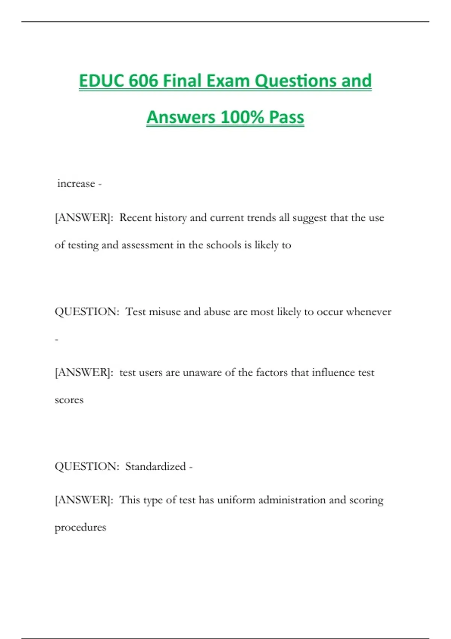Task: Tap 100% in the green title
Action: click(242, 117)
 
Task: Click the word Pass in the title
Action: click(286, 117)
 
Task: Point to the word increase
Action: click(76, 184)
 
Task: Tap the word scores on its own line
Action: click(69, 400)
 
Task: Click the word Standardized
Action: click(155, 466)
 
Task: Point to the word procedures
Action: click(80, 527)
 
